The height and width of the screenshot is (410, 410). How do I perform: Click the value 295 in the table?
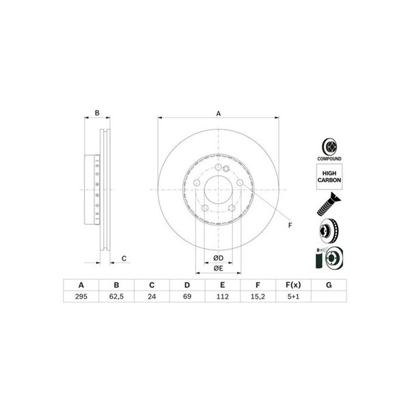coord(81,297)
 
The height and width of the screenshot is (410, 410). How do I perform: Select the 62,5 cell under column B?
coord(116,297)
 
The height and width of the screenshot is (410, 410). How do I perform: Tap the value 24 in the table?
coord(152,297)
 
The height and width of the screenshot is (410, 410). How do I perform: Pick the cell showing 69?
coord(187,297)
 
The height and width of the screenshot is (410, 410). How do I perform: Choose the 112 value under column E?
coord(223,297)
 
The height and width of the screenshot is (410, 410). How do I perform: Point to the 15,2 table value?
coord(258,297)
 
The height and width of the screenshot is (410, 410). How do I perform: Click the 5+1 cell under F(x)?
coord(293,297)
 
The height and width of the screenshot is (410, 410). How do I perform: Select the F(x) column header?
coord(293,285)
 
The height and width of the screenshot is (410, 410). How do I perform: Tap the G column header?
coord(329,285)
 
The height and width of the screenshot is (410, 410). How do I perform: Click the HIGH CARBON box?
coord(329,177)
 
